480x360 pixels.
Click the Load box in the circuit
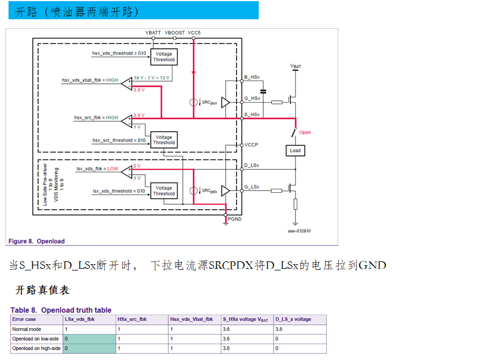pos(295,151)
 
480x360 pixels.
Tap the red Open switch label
pos(305,133)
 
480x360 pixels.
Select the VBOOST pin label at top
pos(174,33)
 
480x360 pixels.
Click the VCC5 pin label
pos(194,33)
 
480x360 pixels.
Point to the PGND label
pos(234,218)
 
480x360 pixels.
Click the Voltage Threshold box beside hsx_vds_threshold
pos(164,57)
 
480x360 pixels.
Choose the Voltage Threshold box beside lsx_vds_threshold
pos(164,191)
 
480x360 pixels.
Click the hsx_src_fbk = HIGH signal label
pos(96,118)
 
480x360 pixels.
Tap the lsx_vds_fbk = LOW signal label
pos(97,169)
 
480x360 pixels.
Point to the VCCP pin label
pos(251,145)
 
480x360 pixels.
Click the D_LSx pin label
pos(251,166)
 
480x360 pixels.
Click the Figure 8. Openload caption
pos(36,242)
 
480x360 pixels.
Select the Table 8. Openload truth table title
pos(61,310)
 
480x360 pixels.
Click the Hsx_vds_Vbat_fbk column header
pos(191,319)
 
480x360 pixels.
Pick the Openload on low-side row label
pos(35,338)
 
